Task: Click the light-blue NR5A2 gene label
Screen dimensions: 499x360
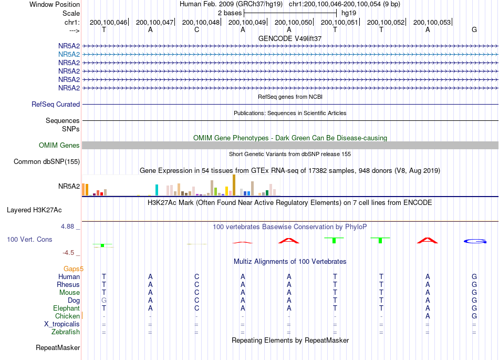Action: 69,55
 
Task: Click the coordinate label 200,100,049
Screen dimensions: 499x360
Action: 247,22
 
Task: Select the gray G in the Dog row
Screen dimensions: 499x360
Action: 104,300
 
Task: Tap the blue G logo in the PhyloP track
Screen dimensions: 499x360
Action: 475,241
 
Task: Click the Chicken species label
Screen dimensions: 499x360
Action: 67,316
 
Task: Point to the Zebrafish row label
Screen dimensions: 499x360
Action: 66,332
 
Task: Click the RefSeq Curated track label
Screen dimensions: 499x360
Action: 56,105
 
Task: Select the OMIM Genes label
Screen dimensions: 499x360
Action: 59,146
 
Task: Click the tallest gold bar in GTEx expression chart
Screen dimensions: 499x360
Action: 234,185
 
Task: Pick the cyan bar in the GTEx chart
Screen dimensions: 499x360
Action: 157,190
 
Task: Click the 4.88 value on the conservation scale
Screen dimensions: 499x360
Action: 67,227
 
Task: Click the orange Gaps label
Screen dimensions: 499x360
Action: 72,269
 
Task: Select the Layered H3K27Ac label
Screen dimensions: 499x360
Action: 34,210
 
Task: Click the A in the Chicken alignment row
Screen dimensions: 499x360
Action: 428,316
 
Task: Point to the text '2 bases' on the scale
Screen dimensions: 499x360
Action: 230,13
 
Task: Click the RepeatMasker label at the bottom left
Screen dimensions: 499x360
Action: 58,347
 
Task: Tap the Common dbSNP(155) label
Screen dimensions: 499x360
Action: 47,162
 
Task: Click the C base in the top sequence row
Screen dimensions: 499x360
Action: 196,29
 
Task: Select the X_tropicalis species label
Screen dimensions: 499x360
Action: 62,324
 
